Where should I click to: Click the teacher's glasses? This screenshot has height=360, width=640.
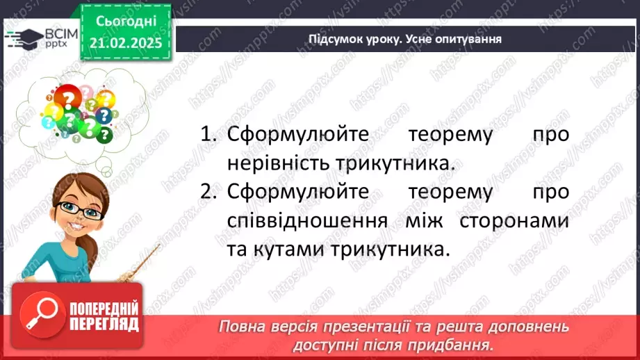[x=78, y=209]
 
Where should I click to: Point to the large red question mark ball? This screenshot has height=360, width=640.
[x=68, y=99]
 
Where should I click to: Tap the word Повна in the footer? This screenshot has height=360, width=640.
[x=243, y=327]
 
